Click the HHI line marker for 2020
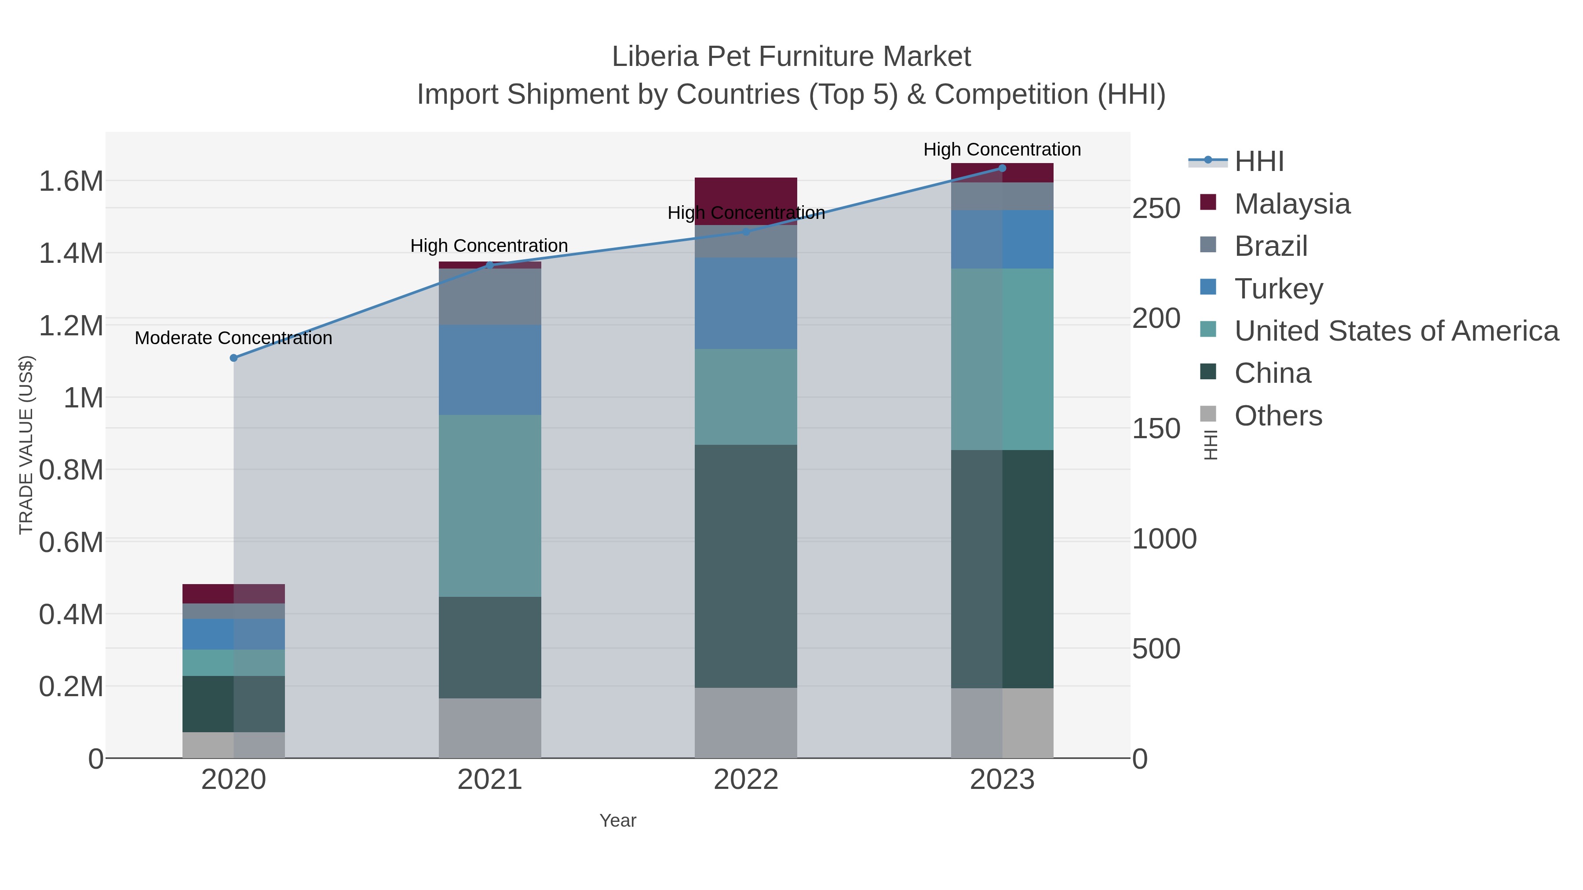pos(233,358)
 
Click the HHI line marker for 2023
pos(1002,168)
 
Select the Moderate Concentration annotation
pos(233,338)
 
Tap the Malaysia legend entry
pos(1292,204)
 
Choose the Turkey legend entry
pos(1278,289)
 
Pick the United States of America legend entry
pos(1396,331)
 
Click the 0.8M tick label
pos(71,470)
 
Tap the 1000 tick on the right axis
pos(1164,539)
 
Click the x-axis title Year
pos(618,821)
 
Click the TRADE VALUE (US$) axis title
pos(26,445)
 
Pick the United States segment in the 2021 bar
pos(490,505)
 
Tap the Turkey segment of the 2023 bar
pos(1002,240)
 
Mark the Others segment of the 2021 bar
pos(490,728)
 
